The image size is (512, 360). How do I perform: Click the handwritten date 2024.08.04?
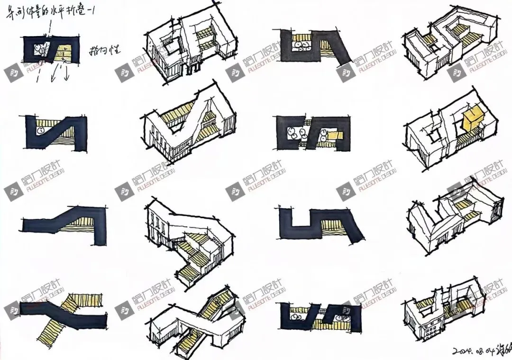pos(469,351)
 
